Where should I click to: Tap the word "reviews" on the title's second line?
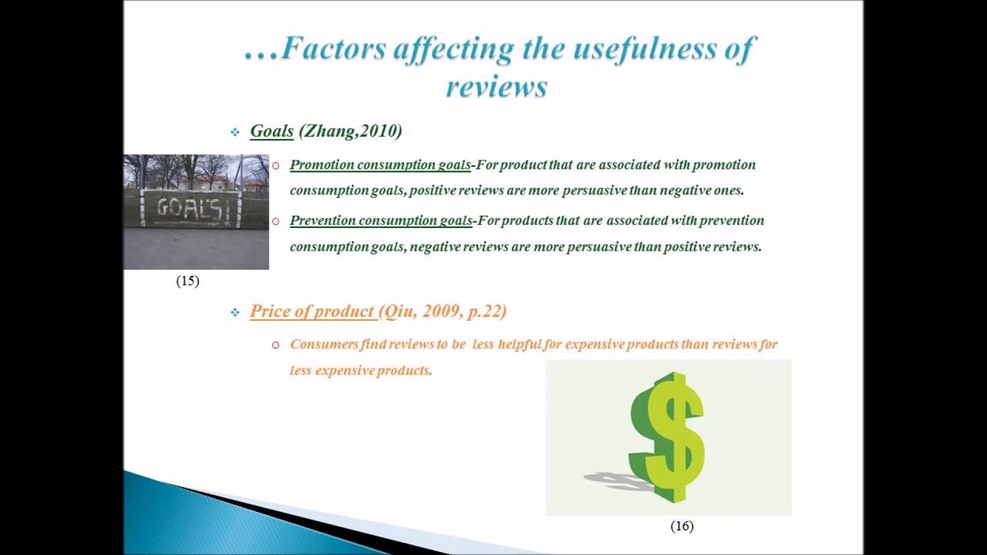(497, 86)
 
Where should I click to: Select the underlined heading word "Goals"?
(271, 131)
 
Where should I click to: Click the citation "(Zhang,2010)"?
(351, 131)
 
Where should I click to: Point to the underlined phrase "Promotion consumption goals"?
(380, 165)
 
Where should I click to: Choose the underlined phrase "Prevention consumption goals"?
(381, 220)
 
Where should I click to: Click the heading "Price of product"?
(312, 311)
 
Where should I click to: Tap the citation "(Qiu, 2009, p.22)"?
(442, 311)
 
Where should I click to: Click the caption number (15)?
(187, 281)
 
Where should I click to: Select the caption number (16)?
(682, 526)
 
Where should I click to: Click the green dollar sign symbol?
(668, 435)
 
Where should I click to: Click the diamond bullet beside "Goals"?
(234, 133)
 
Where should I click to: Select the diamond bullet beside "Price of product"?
(234, 312)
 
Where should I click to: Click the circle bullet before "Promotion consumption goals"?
(275, 166)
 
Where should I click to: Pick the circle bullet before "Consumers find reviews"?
(275, 345)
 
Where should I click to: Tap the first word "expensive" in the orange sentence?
(595, 345)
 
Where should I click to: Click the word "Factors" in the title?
(334, 48)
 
